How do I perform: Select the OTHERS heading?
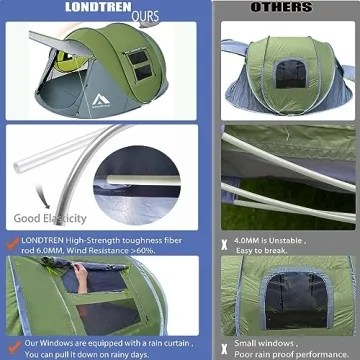point(281,8)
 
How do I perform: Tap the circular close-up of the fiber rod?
point(134,187)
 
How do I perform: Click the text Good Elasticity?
point(51,218)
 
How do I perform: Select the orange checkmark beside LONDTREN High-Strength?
point(11,242)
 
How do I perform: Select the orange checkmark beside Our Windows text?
point(11,342)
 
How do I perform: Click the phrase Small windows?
point(261,342)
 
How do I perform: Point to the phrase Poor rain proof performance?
point(290,353)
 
